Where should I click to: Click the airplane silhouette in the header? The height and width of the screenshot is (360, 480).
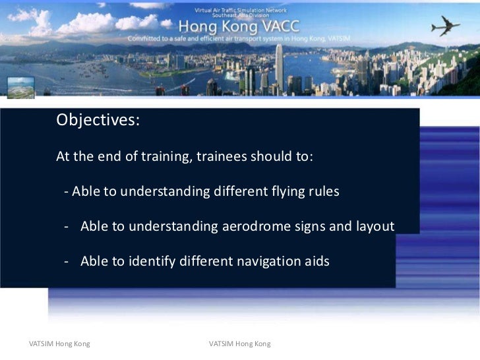coord(445,26)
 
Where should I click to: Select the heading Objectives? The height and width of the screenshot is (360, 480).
coord(98,121)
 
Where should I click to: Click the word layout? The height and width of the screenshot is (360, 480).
coord(375,227)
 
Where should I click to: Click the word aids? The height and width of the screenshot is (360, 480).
coord(315,261)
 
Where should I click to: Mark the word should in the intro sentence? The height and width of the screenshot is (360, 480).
coord(268,158)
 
